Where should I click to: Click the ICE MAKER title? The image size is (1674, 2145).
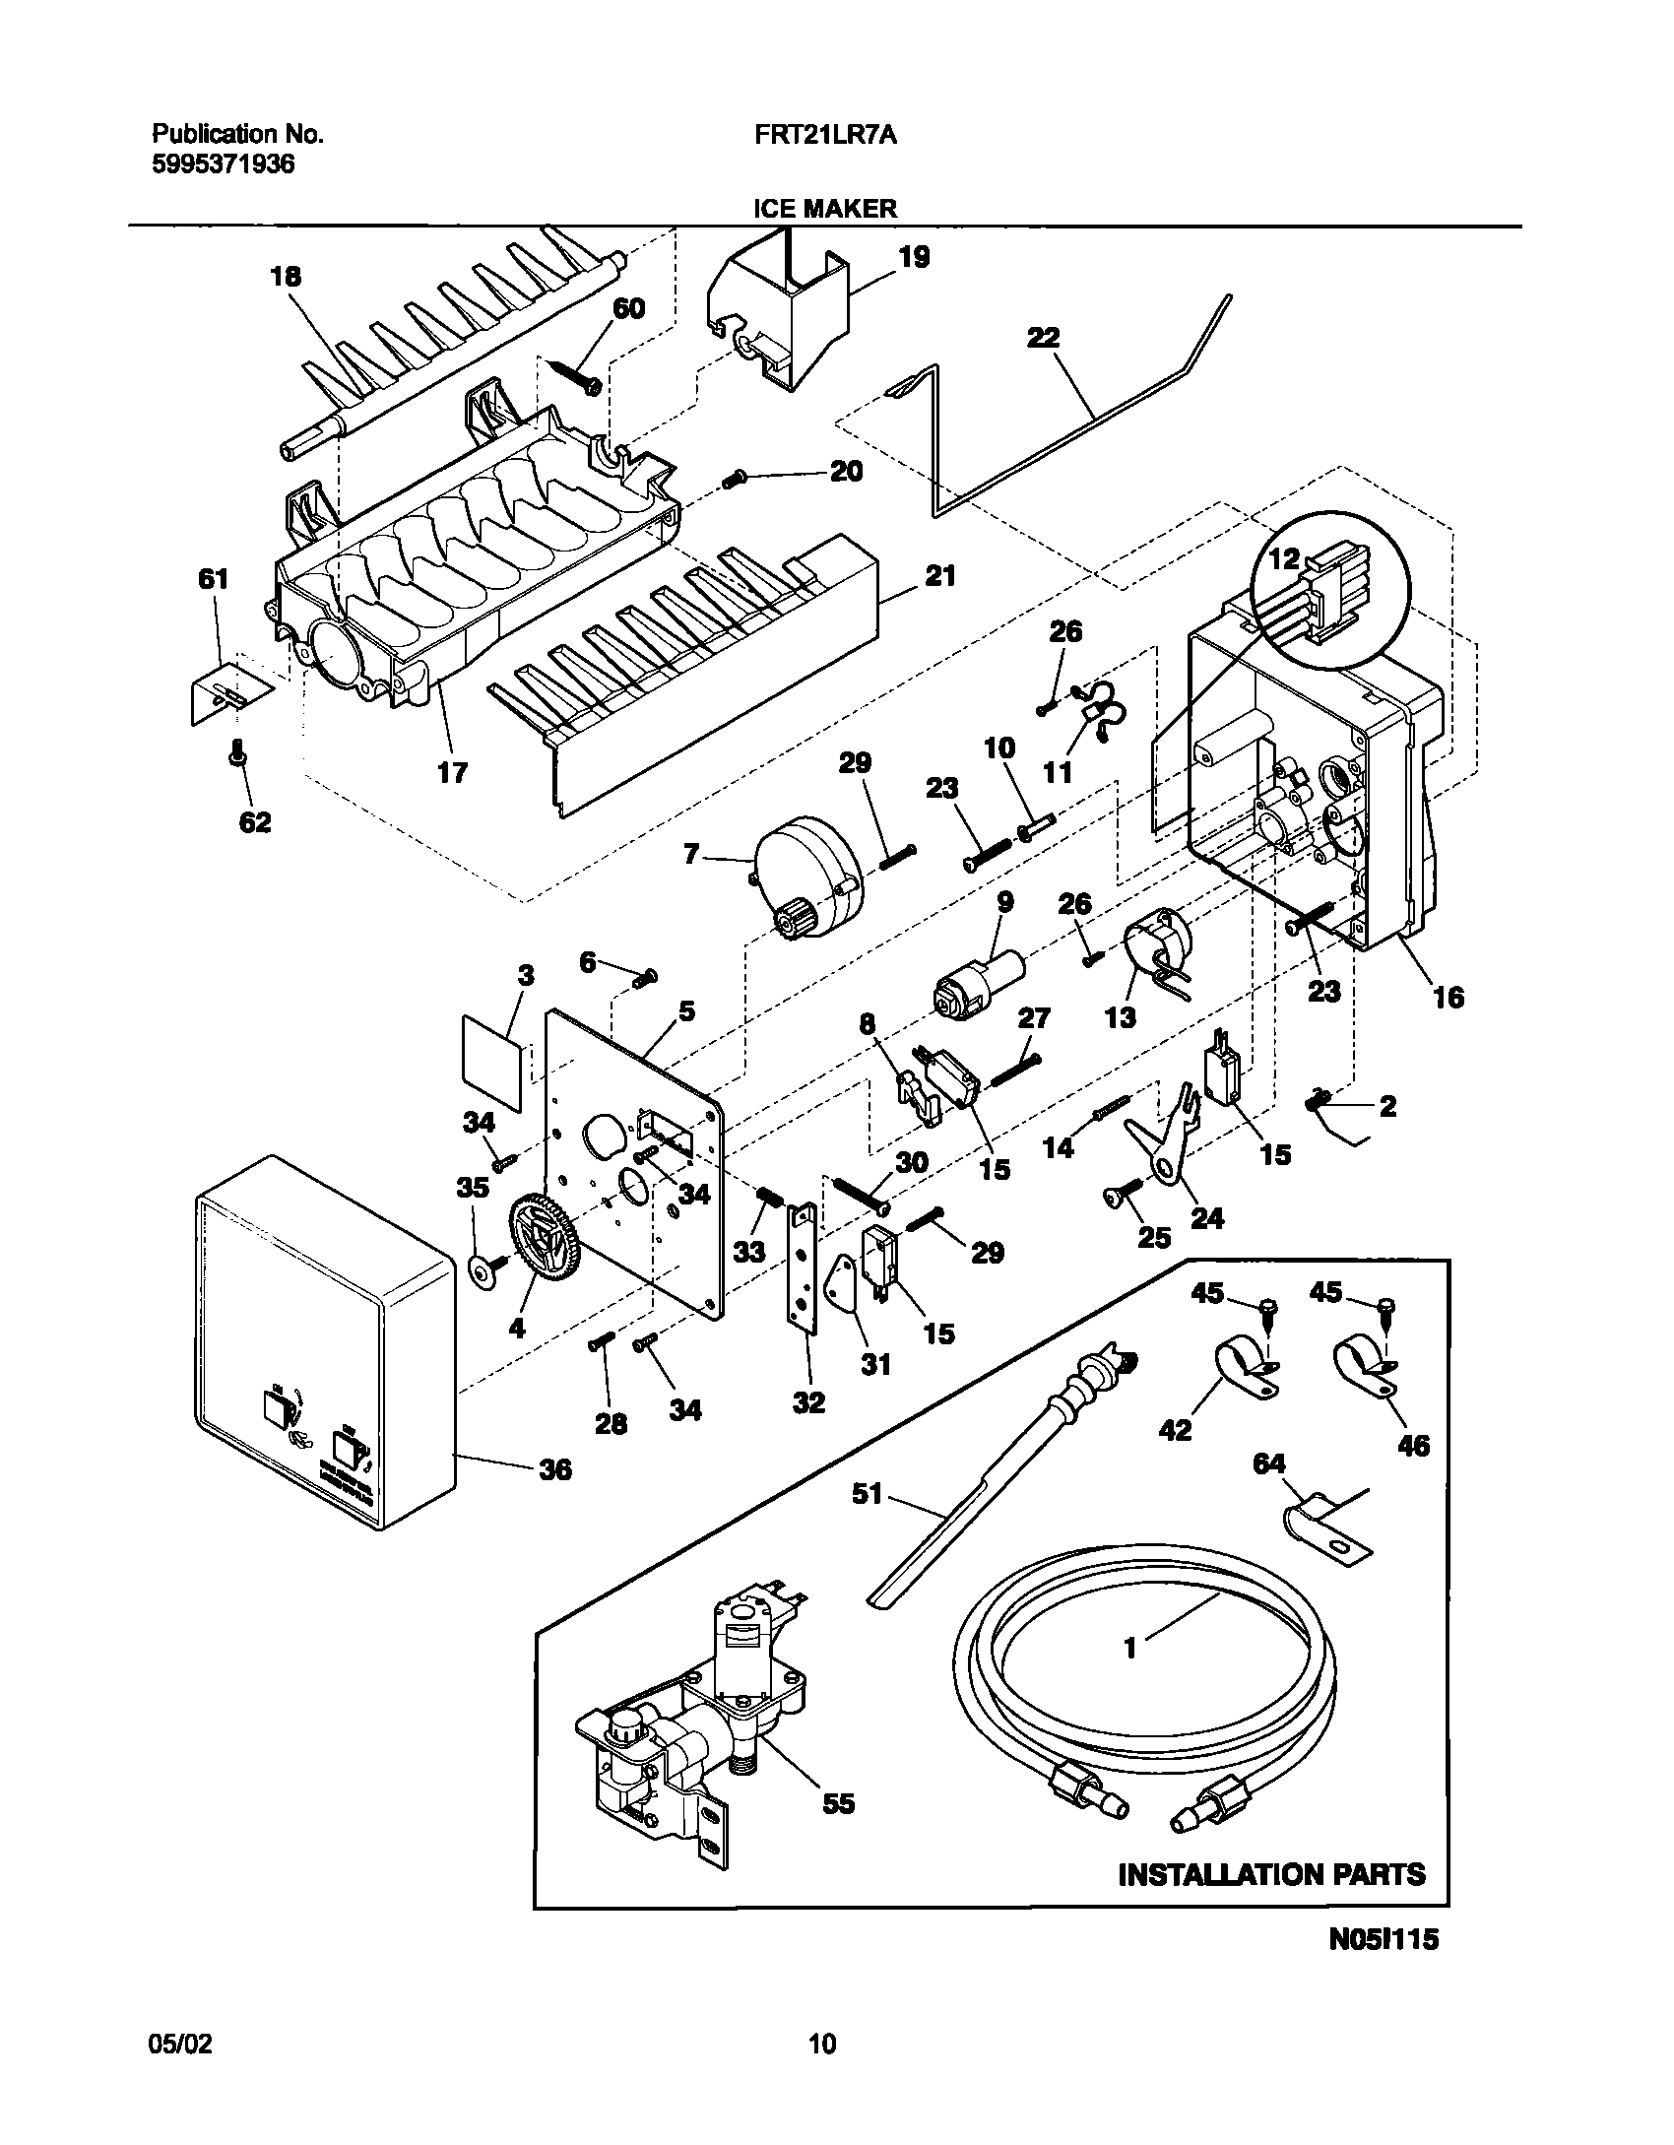click(825, 208)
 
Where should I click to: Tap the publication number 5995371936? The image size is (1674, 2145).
click(223, 164)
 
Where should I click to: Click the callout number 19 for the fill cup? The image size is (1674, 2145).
click(914, 258)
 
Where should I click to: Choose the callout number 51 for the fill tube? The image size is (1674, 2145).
click(868, 1495)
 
